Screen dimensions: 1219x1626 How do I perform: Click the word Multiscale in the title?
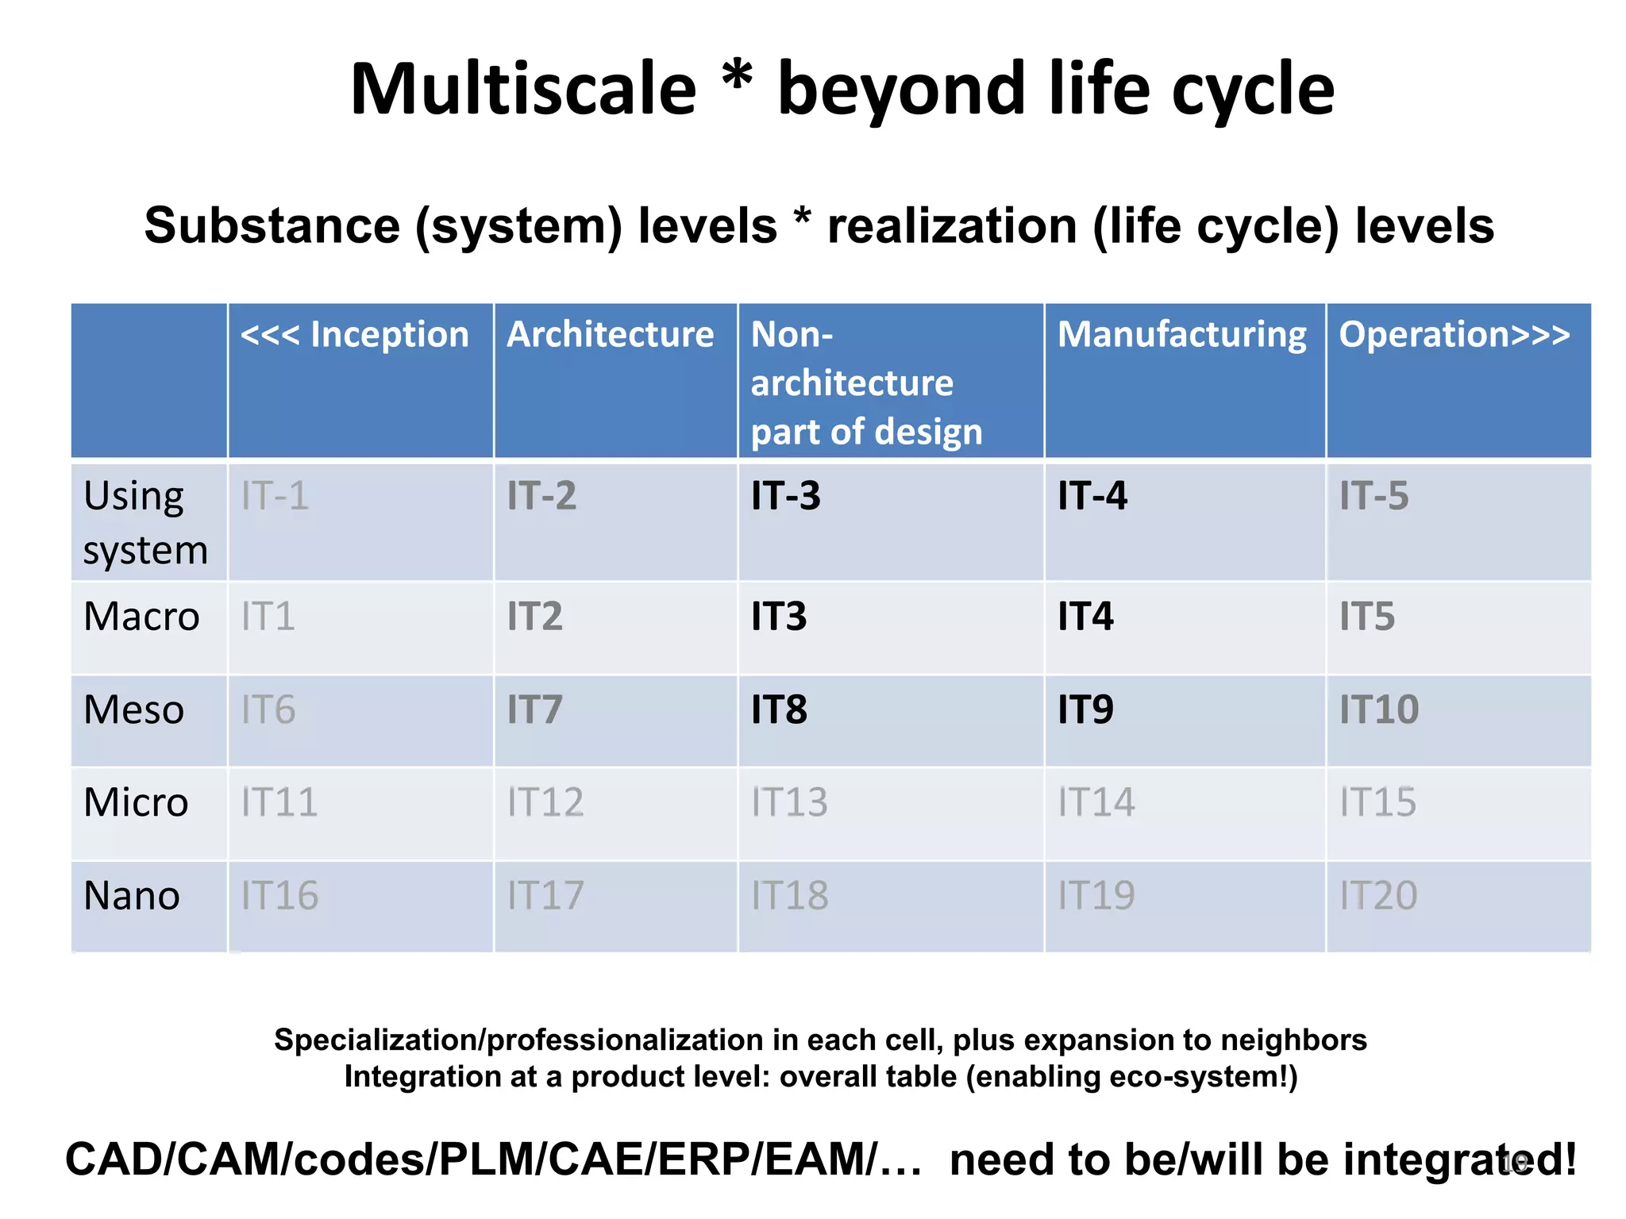(x=523, y=89)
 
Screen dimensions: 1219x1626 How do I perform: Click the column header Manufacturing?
(x=1181, y=334)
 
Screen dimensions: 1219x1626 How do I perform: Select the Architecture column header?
(x=610, y=334)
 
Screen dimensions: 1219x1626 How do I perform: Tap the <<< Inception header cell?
(x=355, y=334)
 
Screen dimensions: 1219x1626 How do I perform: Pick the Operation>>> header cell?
(x=1454, y=334)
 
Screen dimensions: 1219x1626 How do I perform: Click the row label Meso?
(x=133, y=709)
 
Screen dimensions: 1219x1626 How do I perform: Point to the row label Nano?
(x=132, y=895)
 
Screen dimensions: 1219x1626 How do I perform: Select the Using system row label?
(x=145, y=522)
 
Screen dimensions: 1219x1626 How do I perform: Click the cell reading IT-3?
(x=786, y=496)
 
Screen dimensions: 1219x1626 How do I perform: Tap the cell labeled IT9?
(x=1085, y=709)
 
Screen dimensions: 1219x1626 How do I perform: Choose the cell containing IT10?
(x=1379, y=709)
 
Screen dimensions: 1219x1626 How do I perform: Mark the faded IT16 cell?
(x=279, y=895)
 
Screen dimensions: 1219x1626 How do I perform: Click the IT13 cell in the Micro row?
(x=789, y=802)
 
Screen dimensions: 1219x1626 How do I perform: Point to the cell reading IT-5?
(x=1374, y=496)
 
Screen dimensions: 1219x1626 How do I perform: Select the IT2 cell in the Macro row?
(x=534, y=617)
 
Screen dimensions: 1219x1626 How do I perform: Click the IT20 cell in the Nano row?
(x=1378, y=895)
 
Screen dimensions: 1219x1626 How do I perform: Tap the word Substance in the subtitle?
(x=272, y=225)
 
